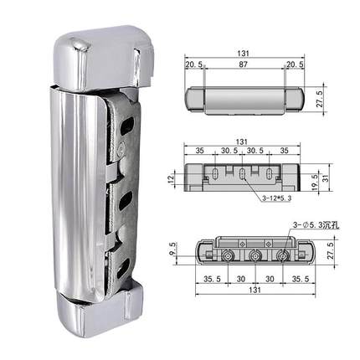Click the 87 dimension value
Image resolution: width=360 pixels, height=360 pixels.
click(x=244, y=64)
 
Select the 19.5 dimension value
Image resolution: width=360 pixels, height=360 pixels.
click(x=315, y=183)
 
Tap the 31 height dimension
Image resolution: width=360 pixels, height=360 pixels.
click(x=326, y=177)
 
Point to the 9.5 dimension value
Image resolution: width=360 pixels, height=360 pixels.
click(x=172, y=249)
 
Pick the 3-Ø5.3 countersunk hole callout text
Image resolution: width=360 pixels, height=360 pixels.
click(x=316, y=225)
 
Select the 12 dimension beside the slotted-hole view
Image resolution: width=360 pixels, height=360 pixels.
click(x=171, y=177)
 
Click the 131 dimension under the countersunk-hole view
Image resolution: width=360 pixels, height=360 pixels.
click(x=255, y=290)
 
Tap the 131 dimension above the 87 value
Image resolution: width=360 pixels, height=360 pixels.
click(x=244, y=54)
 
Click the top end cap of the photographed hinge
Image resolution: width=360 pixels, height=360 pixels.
click(x=104, y=58)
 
